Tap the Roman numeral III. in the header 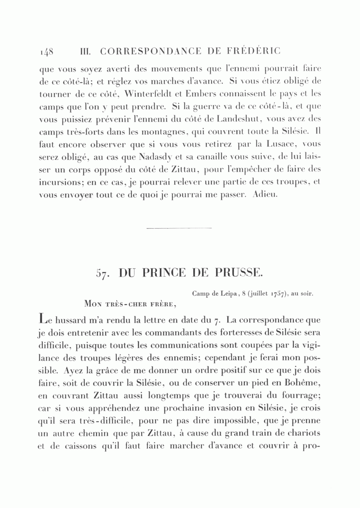click(x=86, y=52)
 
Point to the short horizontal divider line click(x=179, y=228)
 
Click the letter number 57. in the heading click(x=103, y=273)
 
